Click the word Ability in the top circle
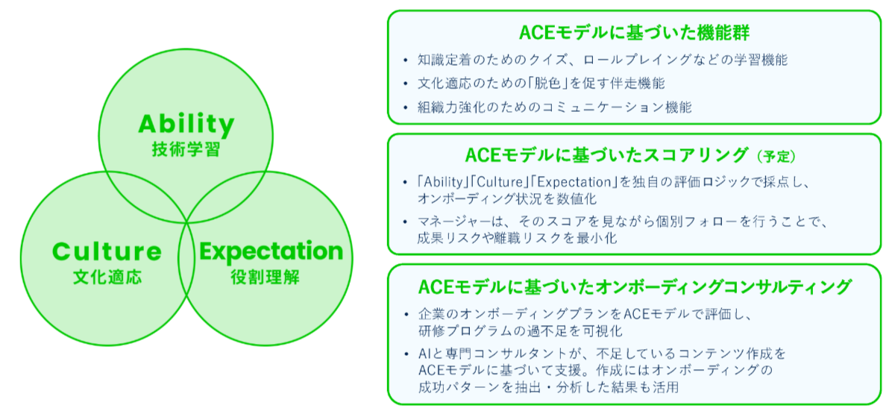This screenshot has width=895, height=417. click(186, 123)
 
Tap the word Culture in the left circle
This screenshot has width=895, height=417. click(107, 251)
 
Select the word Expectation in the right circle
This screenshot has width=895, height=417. click(271, 251)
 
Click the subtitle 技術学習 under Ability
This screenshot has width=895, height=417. click(186, 149)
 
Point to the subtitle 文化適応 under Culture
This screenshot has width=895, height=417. click(107, 278)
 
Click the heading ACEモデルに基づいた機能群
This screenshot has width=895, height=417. click(634, 33)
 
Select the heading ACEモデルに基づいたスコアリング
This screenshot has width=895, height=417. click(606, 155)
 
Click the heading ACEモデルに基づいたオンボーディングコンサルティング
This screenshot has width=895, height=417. click(635, 287)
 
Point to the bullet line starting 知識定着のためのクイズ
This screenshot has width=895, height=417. click(603, 59)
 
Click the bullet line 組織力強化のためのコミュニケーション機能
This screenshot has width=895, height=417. click(555, 107)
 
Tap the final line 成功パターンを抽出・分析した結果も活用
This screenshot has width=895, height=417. click(547, 388)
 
